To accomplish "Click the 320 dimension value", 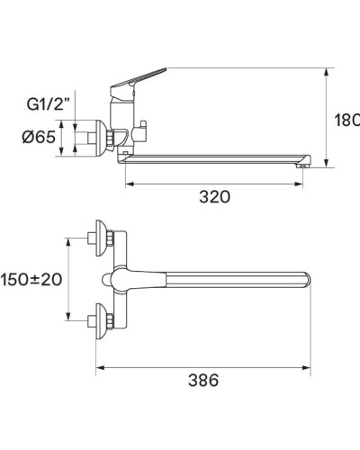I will click(x=214, y=196).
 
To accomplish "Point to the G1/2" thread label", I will click(x=71, y=104).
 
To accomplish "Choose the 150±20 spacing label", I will click(x=32, y=279).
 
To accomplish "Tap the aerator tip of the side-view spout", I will click(x=303, y=163).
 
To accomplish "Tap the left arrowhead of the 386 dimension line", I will click(x=97, y=366).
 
